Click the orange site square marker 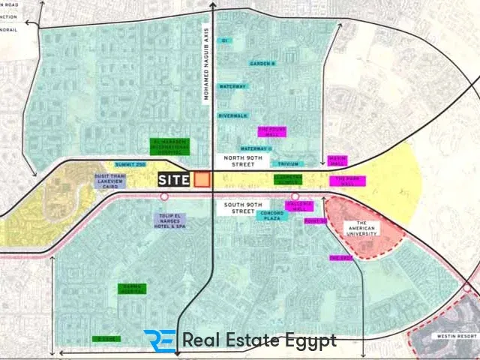(202, 179)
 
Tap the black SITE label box (174, 180)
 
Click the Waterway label (232, 87)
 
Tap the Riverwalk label (232, 115)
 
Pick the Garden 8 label (263, 64)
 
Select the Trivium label (289, 162)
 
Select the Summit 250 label (130, 163)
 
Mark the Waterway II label (256, 148)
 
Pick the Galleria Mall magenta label (299, 205)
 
